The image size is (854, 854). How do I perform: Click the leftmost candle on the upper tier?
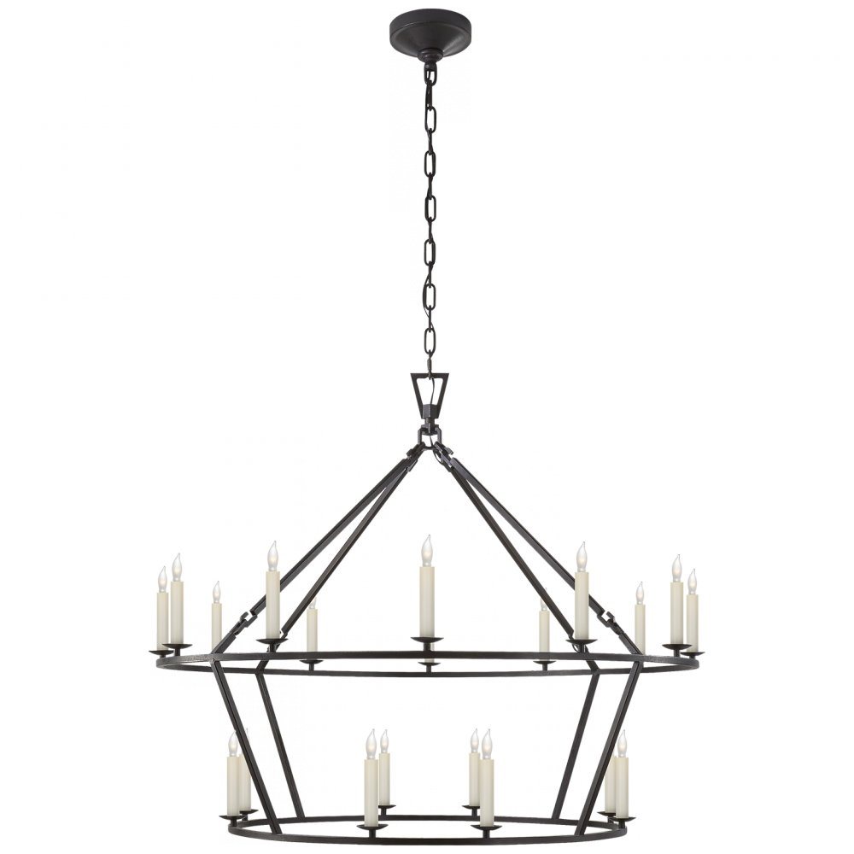(x=161, y=606)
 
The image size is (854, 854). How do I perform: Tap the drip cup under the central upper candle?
(x=426, y=636)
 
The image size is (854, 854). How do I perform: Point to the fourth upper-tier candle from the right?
(x=581, y=598)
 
